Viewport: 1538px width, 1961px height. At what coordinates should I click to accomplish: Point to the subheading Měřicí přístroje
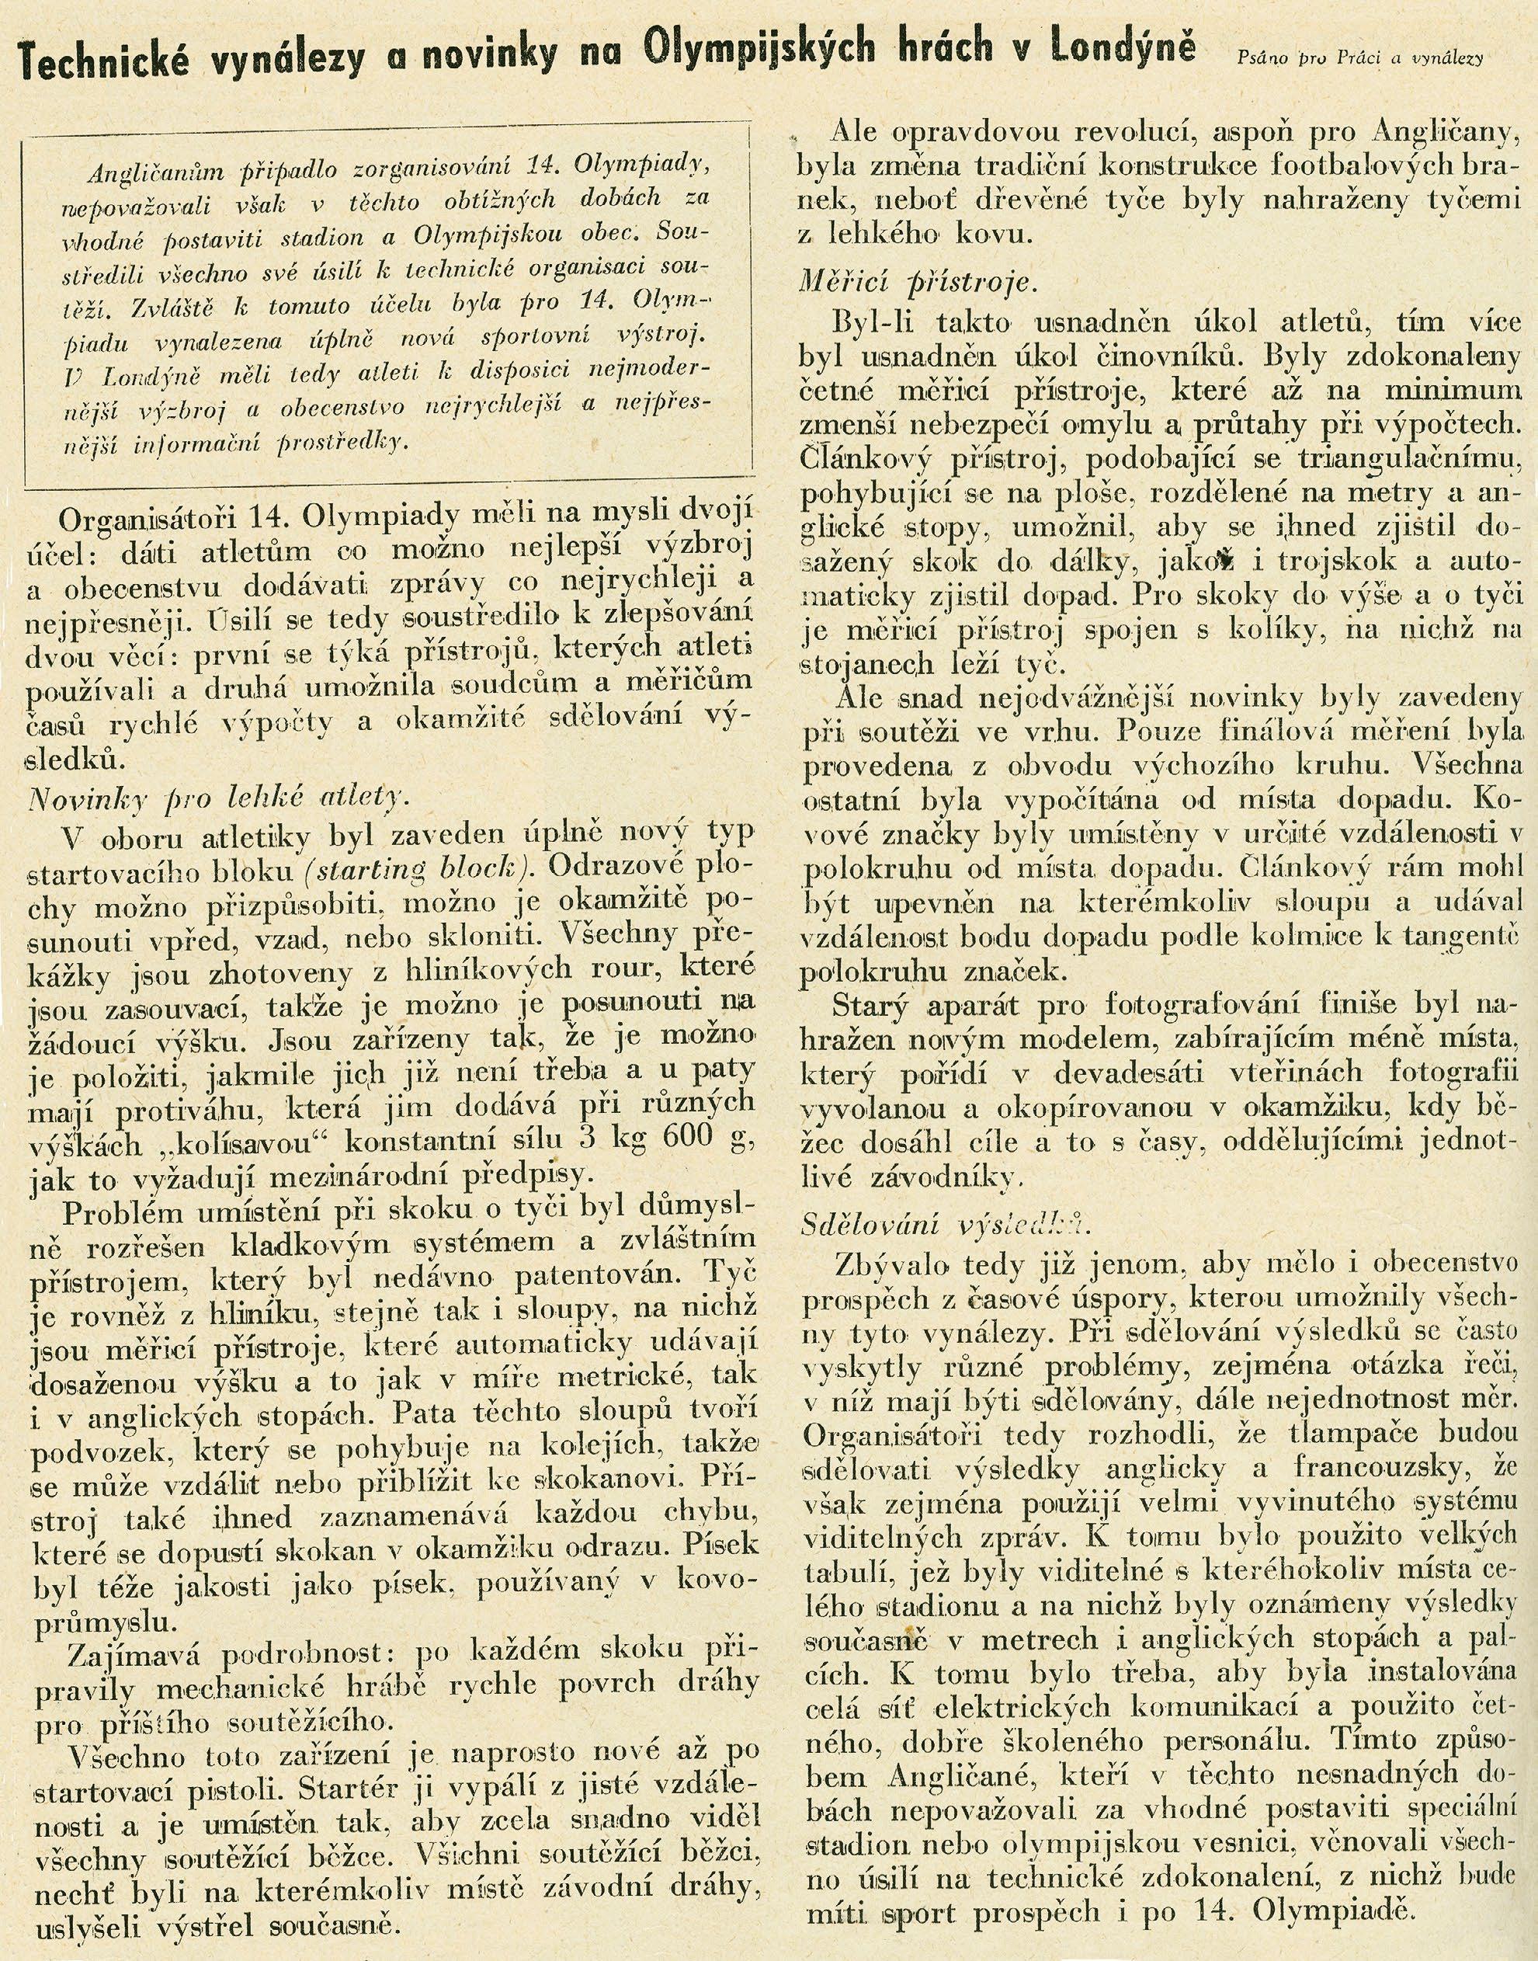[x=919, y=283]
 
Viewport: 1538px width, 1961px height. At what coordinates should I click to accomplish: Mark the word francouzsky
[x=1381, y=1467]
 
